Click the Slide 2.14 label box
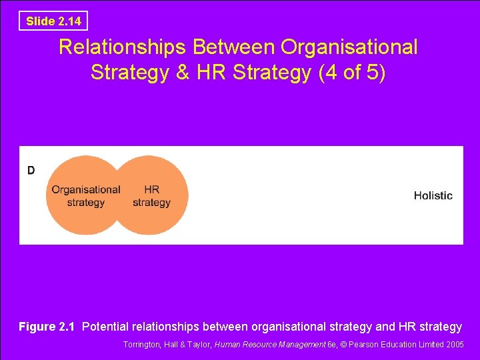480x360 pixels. (53, 21)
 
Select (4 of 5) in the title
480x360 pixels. (352, 72)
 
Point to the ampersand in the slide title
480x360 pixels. (183, 72)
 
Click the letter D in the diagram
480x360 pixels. (31, 171)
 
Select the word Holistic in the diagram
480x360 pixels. (433, 195)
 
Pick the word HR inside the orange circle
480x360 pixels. (151, 189)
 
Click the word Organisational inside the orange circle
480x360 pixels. (86, 189)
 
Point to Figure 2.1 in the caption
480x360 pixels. (47, 327)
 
